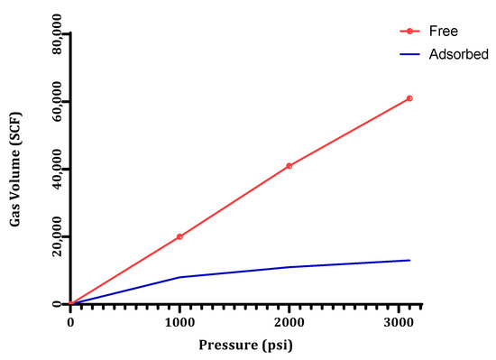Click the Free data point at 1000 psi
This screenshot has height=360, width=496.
click(x=179, y=236)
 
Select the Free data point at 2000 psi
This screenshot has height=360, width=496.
click(x=289, y=166)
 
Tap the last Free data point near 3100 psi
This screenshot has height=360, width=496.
click(x=409, y=98)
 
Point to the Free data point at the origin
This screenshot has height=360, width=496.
click(x=71, y=304)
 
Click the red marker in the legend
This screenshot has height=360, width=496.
click(x=410, y=31)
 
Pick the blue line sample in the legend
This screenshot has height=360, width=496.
click(x=410, y=54)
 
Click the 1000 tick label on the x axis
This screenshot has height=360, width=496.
click(x=179, y=323)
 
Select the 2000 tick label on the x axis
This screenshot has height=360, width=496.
click(x=289, y=323)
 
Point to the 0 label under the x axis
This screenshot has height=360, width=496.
click(x=71, y=323)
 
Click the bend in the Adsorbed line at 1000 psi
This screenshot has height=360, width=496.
click(x=179, y=277)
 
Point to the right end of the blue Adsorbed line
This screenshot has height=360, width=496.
click(x=409, y=261)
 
